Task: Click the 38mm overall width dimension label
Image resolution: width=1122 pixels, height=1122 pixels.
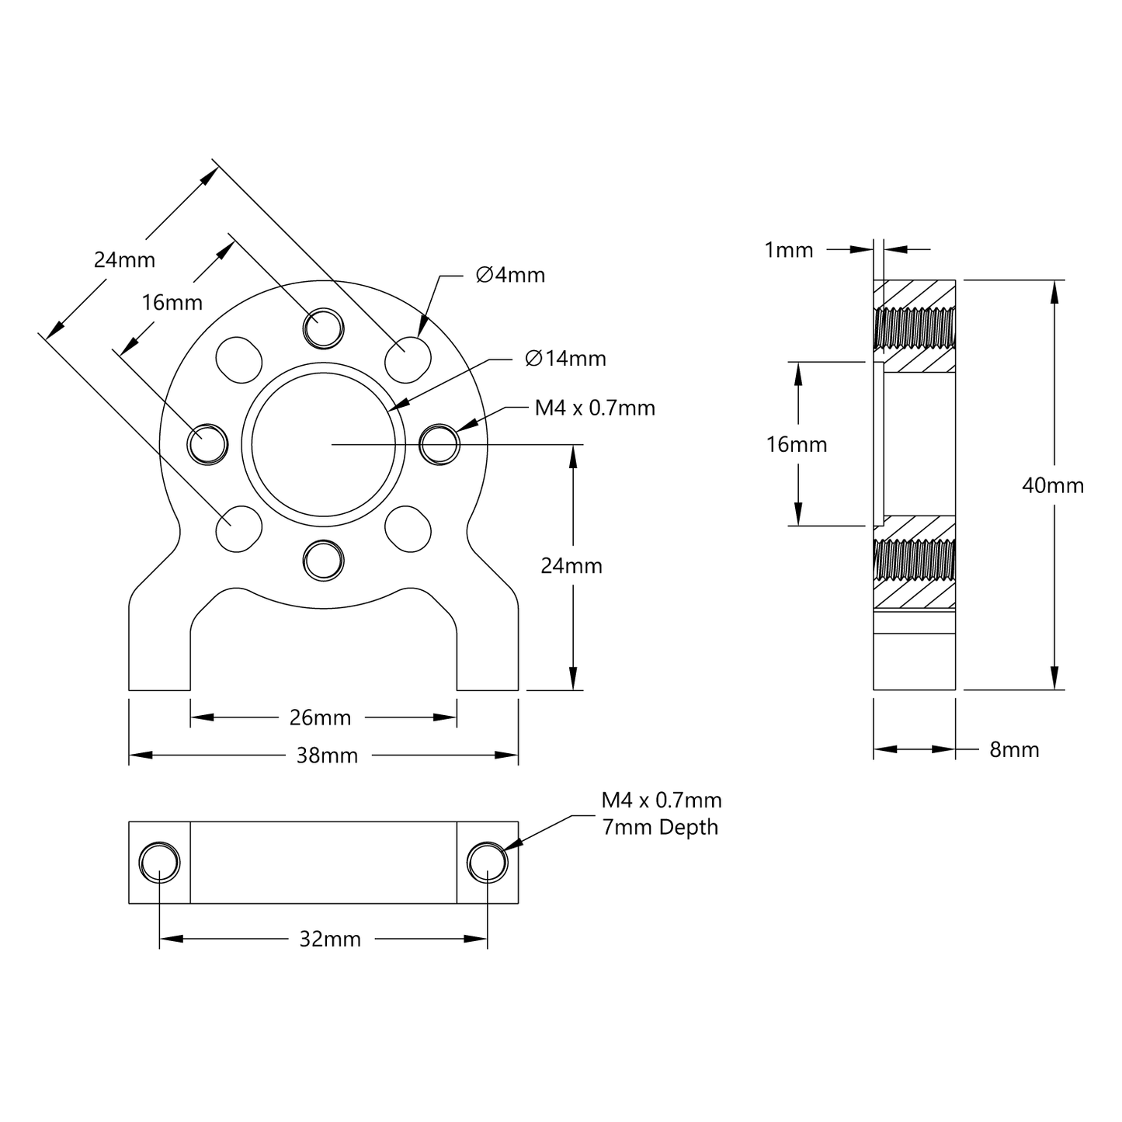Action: pos(327,756)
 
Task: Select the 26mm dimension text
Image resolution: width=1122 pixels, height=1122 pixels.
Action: pos(320,718)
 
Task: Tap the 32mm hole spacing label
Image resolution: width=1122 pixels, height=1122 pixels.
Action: pos(330,940)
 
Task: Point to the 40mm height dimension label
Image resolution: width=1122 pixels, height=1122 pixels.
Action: pos(1053,486)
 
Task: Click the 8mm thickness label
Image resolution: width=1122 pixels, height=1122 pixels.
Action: pos(1014,750)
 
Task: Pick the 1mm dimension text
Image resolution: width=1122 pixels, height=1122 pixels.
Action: pos(789,250)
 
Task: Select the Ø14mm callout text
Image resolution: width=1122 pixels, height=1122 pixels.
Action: pos(565,359)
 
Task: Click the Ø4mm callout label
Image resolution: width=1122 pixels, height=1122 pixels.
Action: pos(510,275)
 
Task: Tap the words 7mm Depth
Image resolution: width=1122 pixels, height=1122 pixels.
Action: pos(660,827)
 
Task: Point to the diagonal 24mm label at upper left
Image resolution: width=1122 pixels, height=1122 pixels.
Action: pos(124,259)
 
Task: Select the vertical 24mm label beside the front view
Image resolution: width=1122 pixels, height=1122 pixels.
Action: pos(571,566)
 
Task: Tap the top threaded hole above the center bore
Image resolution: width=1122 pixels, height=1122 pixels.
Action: pos(323,328)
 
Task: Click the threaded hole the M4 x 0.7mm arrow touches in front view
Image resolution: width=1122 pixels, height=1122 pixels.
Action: pos(439,444)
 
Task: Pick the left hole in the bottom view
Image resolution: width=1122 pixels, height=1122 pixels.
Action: pos(159,863)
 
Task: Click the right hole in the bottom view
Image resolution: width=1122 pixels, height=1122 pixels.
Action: pos(488,863)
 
